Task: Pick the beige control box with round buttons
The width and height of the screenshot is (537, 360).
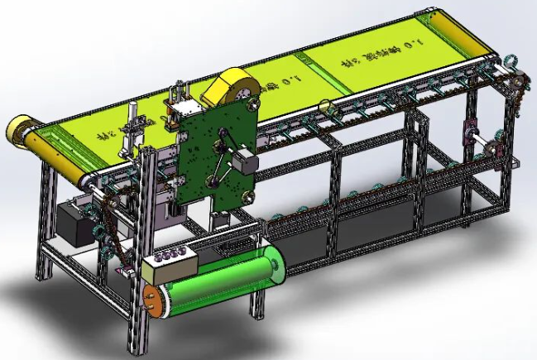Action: click(x=170, y=265)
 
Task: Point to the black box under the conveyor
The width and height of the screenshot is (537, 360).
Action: click(x=75, y=223)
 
